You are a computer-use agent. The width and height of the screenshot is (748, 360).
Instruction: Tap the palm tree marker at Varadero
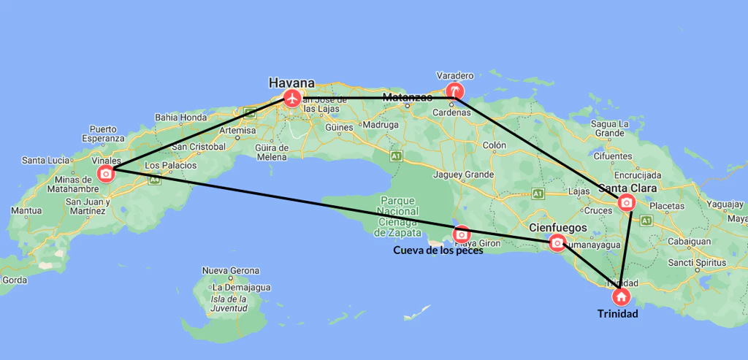click(455, 91)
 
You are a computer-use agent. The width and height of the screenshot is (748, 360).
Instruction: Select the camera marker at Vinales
click(106, 173)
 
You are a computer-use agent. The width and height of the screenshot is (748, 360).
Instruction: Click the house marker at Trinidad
click(620, 296)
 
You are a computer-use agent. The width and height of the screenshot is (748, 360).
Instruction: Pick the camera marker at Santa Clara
click(626, 202)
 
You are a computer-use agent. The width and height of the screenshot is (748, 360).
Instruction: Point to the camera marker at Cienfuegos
click(557, 242)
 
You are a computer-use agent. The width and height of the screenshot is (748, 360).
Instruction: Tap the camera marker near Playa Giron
click(462, 234)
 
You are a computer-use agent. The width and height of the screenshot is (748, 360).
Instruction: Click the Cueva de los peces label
click(438, 250)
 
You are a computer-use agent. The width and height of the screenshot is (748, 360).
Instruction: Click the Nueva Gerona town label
click(230, 271)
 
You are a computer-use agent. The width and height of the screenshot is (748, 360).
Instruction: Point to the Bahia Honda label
click(181, 117)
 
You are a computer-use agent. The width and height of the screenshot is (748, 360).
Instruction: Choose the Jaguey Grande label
click(463, 175)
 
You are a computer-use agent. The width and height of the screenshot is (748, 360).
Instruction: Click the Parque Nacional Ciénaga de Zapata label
click(397, 216)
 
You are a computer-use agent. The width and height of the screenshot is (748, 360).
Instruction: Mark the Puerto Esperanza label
click(103, 134)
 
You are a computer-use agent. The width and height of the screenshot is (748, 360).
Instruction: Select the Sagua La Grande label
click(608, 129)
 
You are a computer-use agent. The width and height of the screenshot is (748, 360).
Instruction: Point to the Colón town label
click(494, 145)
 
